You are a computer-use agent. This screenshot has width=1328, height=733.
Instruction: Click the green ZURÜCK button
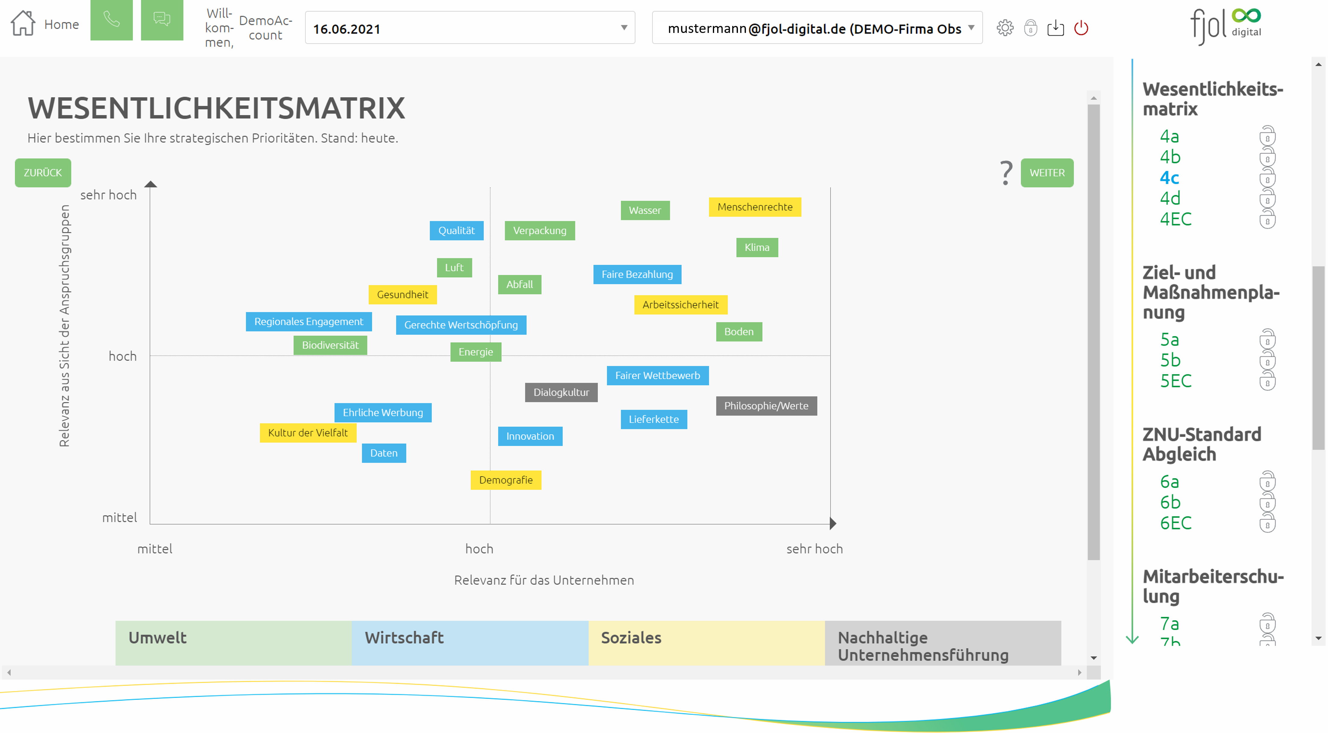43,173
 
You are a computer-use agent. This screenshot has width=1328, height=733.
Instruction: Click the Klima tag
756,248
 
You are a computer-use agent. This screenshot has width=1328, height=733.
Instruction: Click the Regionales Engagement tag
308,322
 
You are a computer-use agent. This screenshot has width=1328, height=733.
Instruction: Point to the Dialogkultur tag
560,393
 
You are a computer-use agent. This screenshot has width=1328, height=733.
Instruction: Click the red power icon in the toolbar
1081,28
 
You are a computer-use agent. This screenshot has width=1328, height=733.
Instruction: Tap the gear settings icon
1004,28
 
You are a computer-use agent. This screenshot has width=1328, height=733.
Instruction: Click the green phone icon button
111,20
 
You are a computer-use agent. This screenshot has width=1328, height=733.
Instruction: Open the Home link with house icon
45,24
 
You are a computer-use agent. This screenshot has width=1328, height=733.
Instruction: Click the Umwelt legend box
233,643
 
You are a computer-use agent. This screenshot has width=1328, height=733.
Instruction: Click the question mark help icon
1005,173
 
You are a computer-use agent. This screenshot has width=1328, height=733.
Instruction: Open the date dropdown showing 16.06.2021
469,28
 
